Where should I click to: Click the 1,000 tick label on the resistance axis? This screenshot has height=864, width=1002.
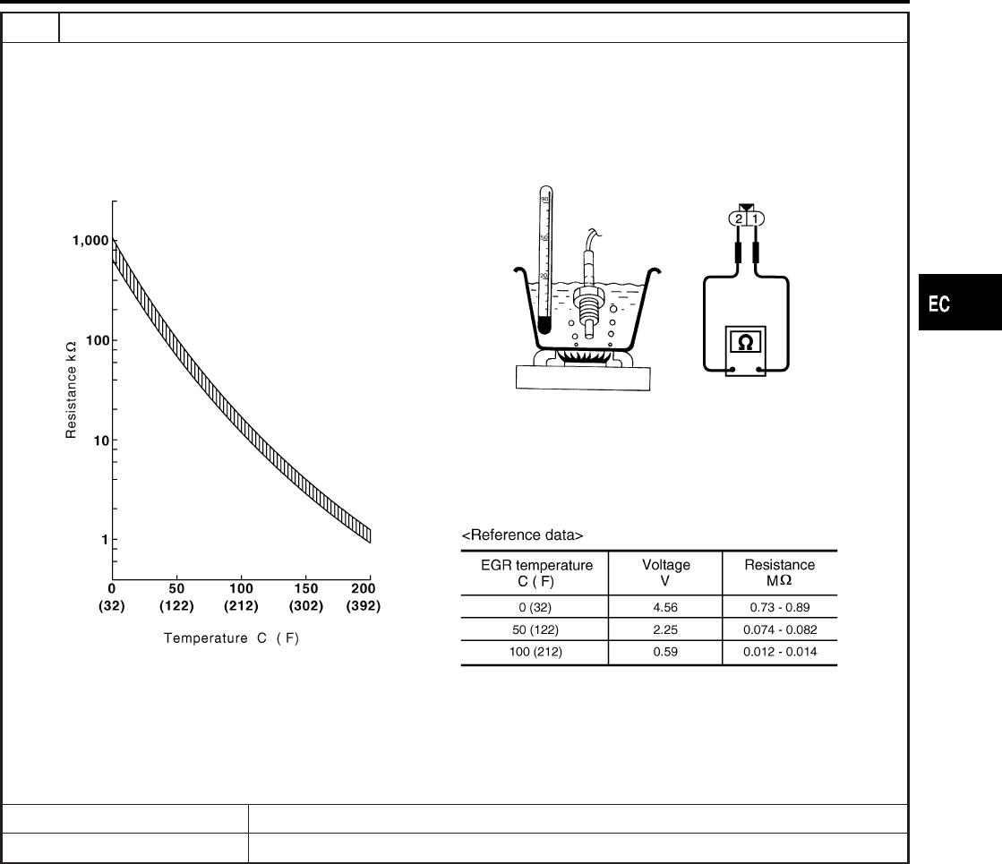(x=90, y=241)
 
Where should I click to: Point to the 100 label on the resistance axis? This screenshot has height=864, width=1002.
(x=98, y=340)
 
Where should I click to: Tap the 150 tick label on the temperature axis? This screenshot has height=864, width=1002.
(x=306, y=588)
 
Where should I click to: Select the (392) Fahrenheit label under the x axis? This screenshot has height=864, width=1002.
(x=364, y=606)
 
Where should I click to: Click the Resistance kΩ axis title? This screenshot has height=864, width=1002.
(x=71, y=389)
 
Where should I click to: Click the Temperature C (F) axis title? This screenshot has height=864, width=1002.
(x=231, y=637)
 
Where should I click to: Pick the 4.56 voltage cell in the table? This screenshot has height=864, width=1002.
(x=665, y=607)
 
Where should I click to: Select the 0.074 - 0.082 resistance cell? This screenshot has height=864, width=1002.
(x=780, y=629)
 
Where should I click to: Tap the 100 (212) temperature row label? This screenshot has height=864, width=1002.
(x=535, y=652)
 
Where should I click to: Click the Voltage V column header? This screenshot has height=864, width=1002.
(x=666, y=573)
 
